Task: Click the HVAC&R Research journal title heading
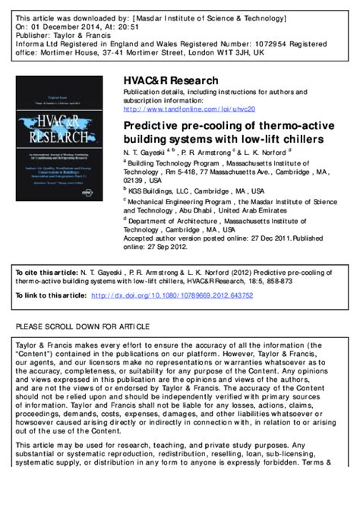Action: click(171, 81)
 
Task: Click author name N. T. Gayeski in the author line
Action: click(150, 153)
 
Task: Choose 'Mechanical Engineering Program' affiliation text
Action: click(186, 203)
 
